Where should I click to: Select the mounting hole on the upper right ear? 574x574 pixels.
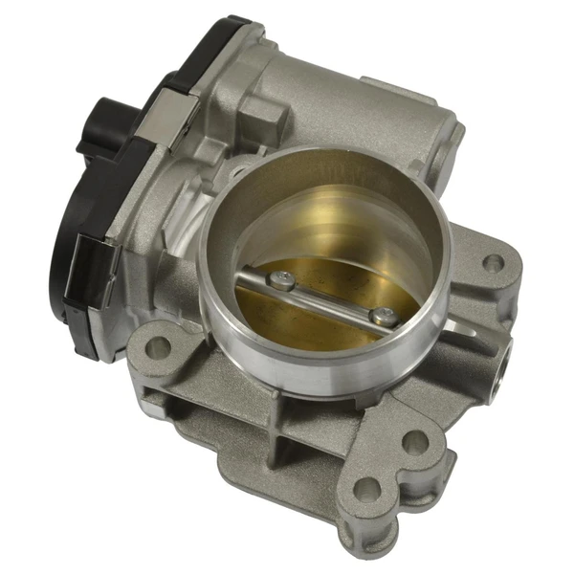[492, 262]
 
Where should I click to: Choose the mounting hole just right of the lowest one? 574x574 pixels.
[414, 442]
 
